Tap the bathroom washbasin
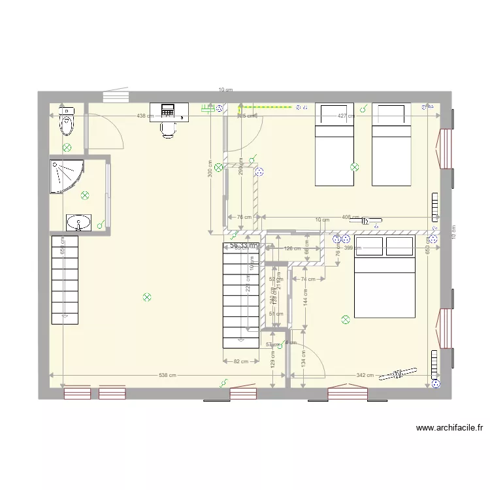click(x=79, y=223)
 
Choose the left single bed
click(x=335, y=144)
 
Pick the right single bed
click(x=391, y=144)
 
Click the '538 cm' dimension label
click(x=168, y=375)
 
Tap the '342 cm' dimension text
click(x=365, y=375)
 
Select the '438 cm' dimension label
click(x=145, y=116)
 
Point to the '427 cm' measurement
click(x=346, y=116)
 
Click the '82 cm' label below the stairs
click(x=241, y=361)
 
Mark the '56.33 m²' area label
click(x=244, y=246)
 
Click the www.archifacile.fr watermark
click(x=449, y=429)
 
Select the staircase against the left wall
click(x=65, y=280)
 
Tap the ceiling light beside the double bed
click(x=345, y=319)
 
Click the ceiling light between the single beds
click(x=355, y=167)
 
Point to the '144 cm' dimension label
click(x=304, y=299)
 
